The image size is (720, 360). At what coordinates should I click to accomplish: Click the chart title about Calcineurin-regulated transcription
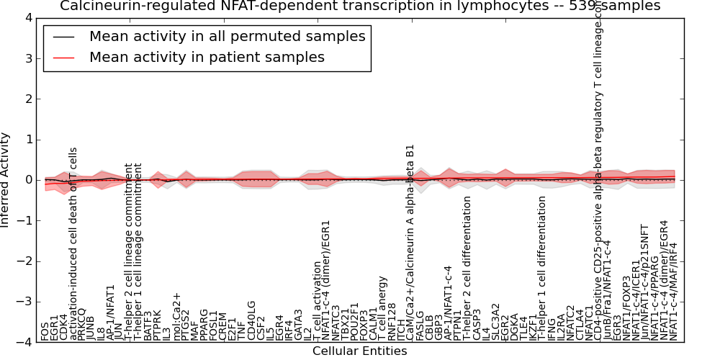coord(360,6)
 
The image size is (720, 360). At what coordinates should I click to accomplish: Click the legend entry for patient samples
coord(207,58)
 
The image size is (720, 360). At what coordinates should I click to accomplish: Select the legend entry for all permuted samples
coord(227,37)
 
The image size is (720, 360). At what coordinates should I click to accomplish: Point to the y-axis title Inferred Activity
coord(6,180)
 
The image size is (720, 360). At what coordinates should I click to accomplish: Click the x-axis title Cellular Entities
coord(359,351)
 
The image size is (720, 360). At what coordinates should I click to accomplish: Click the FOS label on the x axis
coord(45,332)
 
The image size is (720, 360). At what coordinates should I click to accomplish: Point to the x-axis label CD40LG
coord(251,321)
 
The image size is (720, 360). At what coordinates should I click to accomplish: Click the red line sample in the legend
coord(63,58)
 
